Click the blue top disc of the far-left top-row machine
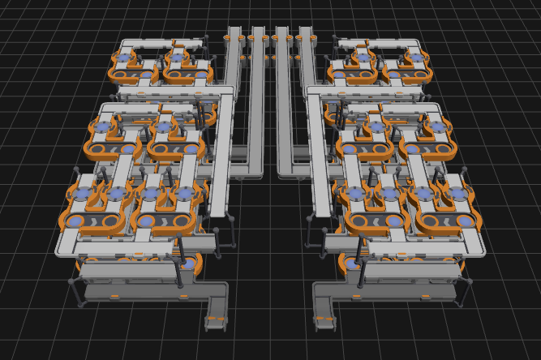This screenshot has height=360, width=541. coord(124,58)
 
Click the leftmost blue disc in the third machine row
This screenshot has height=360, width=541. coord(81,195)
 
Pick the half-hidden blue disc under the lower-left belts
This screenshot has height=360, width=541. coord(189,264)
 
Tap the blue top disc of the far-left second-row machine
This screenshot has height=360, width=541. coord(101,127)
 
